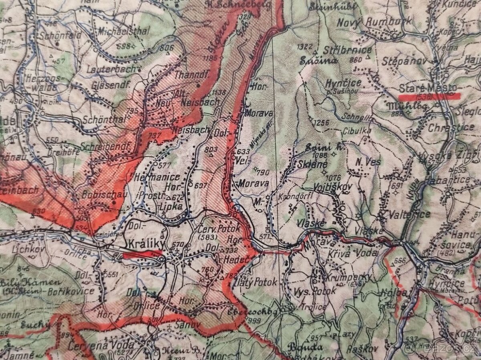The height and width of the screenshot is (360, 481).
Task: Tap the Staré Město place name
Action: coord(428,88)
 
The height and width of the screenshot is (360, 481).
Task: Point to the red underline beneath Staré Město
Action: coord(429,96)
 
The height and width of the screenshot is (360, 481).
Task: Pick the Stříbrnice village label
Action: coord(347,51)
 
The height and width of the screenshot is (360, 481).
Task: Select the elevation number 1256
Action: coord(321,122)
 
